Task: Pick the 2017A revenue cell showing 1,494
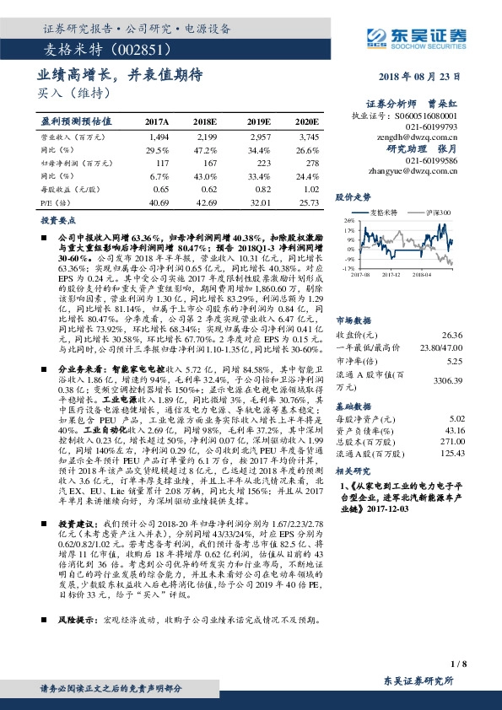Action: tap(159, 136)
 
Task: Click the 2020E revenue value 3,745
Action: tap(308, 136)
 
